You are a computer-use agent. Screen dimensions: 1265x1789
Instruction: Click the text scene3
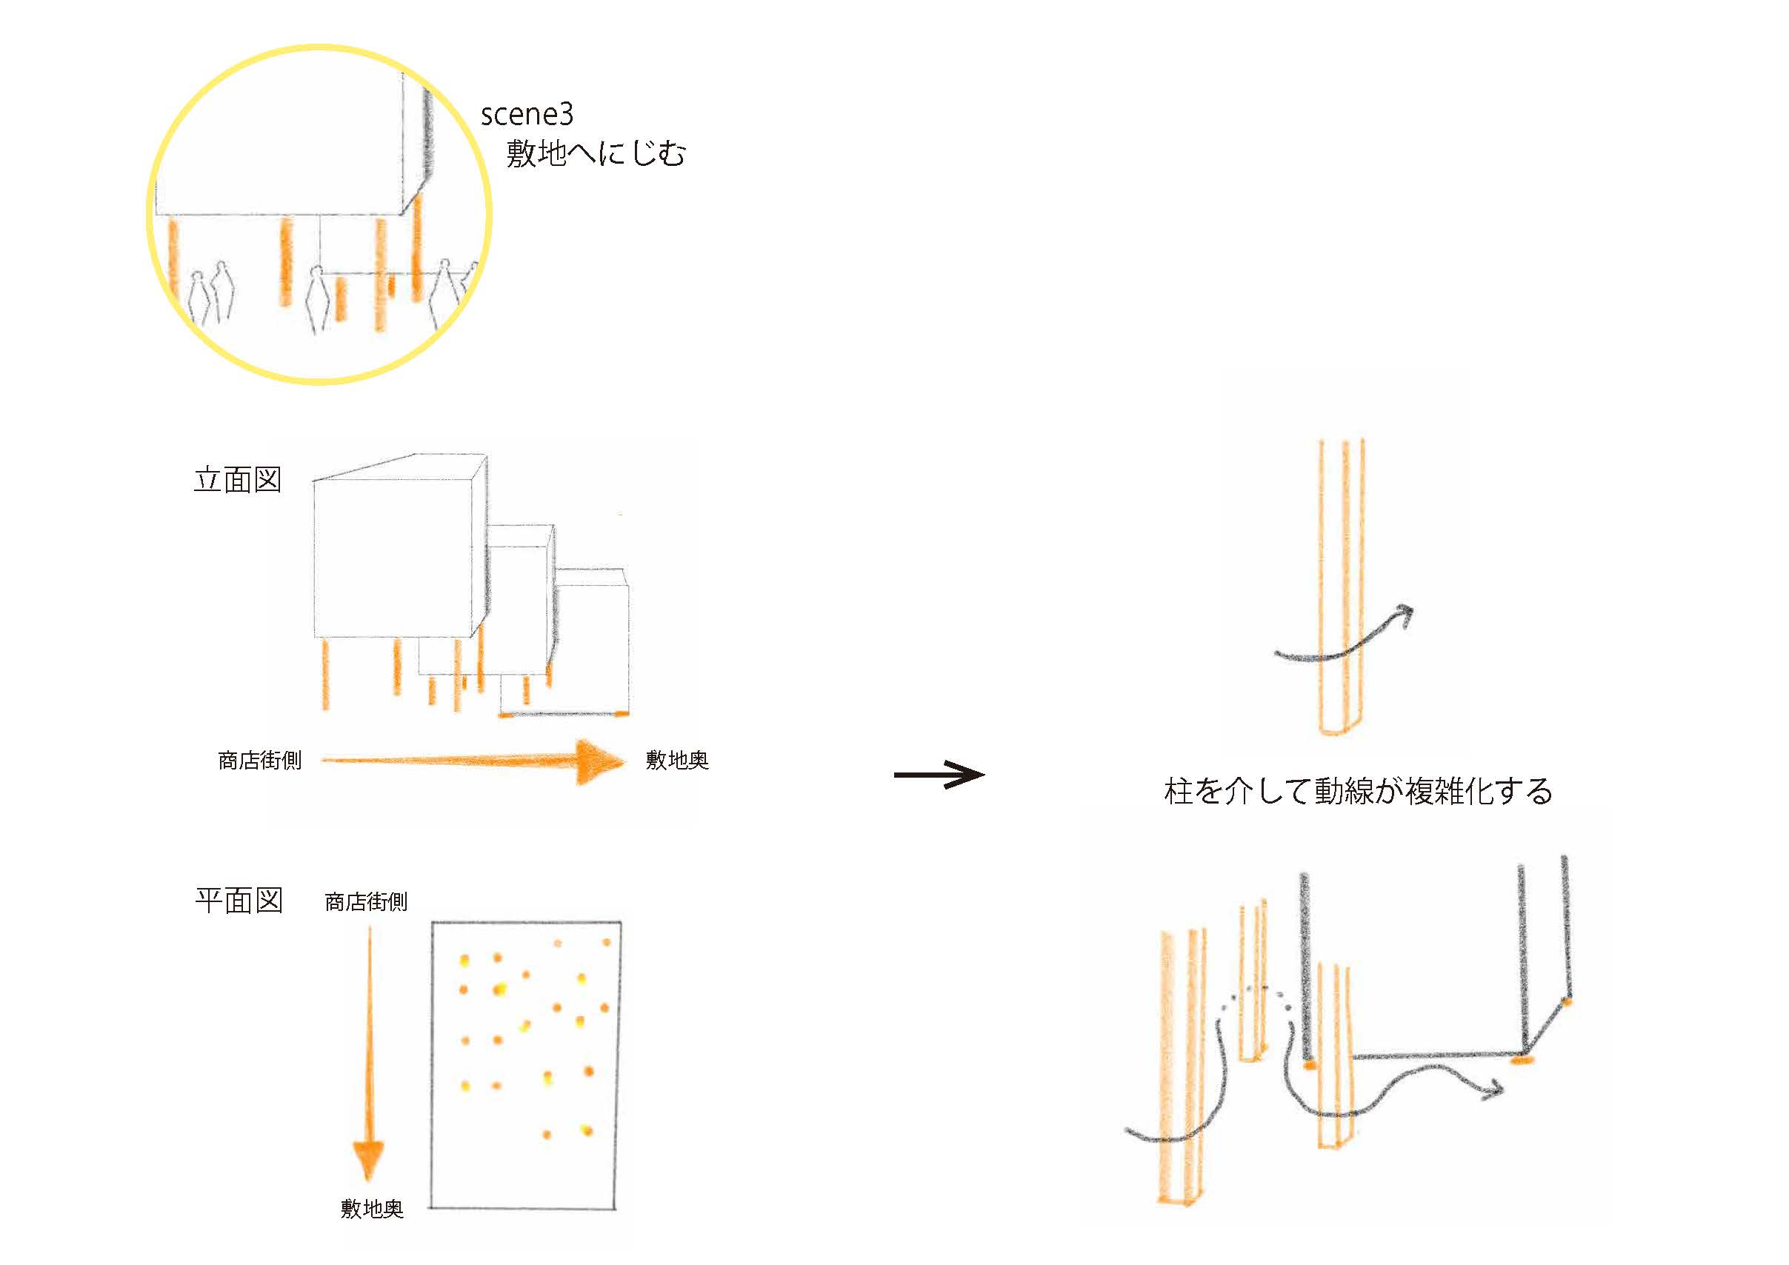(527, 116)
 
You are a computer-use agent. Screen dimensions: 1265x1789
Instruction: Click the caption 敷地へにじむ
(596, 153)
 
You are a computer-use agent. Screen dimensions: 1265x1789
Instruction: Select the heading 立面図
(238, 480)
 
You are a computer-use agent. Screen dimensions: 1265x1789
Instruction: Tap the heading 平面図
(239, 901)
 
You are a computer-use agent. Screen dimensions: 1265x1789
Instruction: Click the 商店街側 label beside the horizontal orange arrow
(259, 760)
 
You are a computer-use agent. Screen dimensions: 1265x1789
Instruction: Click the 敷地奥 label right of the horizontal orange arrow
(676, 760)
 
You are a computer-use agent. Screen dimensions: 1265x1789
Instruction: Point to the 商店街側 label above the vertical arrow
(365, 902)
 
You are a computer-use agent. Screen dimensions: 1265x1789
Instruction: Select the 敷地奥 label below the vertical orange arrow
(372, 1209)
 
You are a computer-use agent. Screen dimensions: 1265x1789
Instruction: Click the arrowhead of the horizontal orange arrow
(600, 762)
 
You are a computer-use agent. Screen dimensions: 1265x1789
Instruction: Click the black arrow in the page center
(940, 774)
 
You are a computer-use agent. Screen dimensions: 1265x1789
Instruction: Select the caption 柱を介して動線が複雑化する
(1358, 792)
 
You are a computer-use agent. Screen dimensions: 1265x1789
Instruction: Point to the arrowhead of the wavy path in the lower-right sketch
(1492, 1089)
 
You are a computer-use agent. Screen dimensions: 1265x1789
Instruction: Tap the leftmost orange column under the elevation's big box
(325, 674)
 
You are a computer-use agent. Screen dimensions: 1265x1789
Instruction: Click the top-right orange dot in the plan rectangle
(606, 943)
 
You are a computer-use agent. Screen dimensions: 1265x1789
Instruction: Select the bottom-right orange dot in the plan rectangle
(587, 1130)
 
